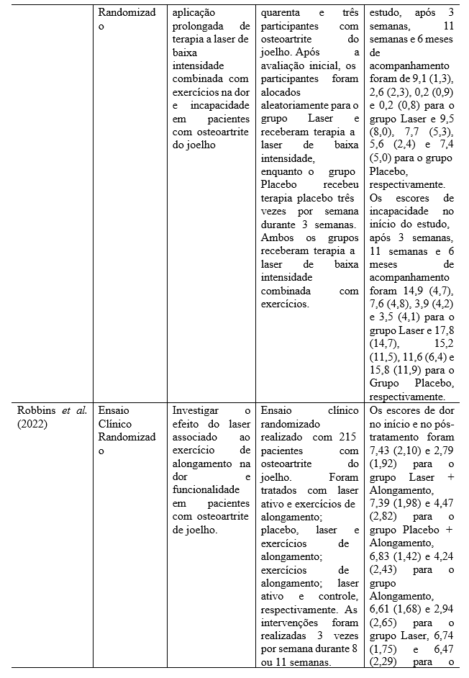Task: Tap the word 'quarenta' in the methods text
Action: (282, 13)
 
